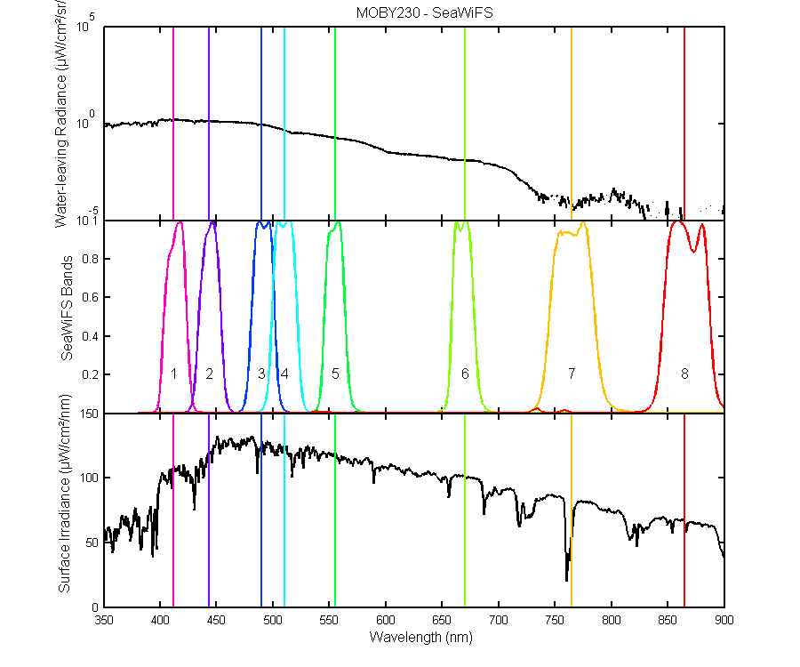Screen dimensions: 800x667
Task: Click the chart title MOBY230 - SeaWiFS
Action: (x=424, y=12)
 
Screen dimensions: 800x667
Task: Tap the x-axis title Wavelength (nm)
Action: (x=421, y=637)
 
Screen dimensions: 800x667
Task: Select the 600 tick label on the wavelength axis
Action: (x=385, y=620)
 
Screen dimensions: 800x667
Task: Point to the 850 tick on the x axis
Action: (x=668, y=620)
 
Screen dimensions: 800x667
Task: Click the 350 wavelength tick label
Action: (x=104, y=620)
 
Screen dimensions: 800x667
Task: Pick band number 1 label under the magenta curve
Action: (x=173, y=374)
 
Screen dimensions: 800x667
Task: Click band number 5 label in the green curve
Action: (x=335, y=374)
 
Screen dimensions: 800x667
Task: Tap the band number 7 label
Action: (x=572, y=374)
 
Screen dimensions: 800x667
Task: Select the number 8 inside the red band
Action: (x=684, y=374)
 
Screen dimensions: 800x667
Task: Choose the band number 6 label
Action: (x=465, y=374)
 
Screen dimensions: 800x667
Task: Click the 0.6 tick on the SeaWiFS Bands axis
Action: (x=91, y=297)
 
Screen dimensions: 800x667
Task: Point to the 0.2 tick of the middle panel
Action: (x=91, y=374)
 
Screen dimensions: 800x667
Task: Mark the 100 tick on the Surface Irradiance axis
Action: (x=89, y=478)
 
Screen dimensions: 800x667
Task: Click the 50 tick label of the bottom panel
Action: (x=92, y=542)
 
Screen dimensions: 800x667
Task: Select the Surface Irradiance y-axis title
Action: (x=64, y=494)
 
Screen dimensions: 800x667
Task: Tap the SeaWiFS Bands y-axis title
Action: (x=67, y=309)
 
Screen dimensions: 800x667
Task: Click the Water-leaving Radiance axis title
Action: (x=60, y=114)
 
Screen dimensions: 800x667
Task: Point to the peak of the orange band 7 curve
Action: (x=583, y=223)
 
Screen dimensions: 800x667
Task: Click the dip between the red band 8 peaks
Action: (x=694, y=251)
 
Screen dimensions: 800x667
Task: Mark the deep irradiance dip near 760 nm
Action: (x=566, y=580)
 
